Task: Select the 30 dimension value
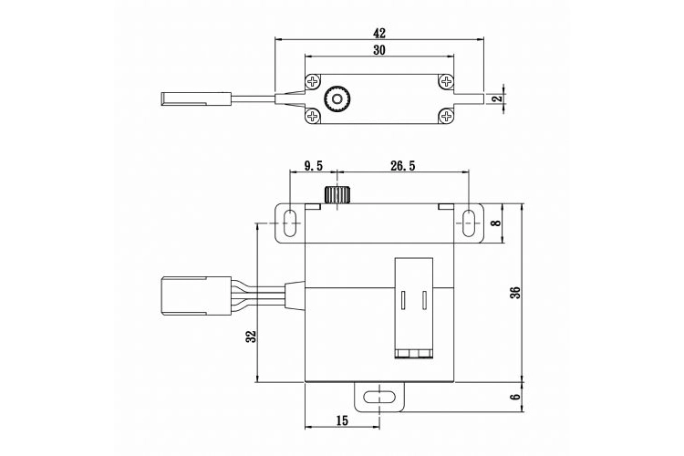[x=379, y=52]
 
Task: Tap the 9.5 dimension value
[x=313, y=165]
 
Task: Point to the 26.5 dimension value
[x=402, y=165]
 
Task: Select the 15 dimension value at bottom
[x=341, y=420]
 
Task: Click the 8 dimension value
[x=497, y=223]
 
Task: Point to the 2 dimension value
[x=497, y=98]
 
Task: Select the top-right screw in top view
[x=446, y=83]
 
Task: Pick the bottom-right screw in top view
[x=446, y=115]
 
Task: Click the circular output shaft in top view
[x=340, y=98]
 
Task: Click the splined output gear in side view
[x=337, y=195]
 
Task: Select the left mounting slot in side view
[x=290, y=223]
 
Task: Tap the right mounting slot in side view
[x=469, y=223]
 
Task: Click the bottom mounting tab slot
[x=374, y=397]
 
